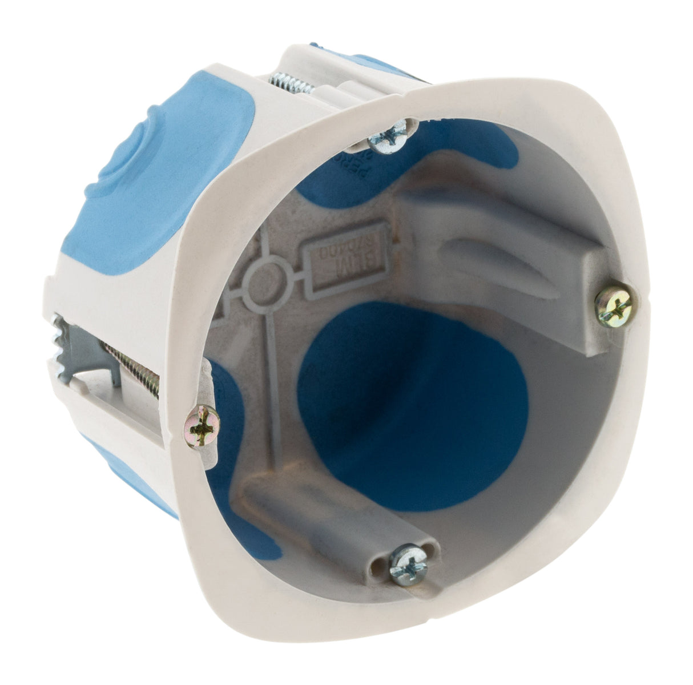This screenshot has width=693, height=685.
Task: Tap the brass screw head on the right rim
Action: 614,305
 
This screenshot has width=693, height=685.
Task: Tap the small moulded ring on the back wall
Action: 263,281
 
